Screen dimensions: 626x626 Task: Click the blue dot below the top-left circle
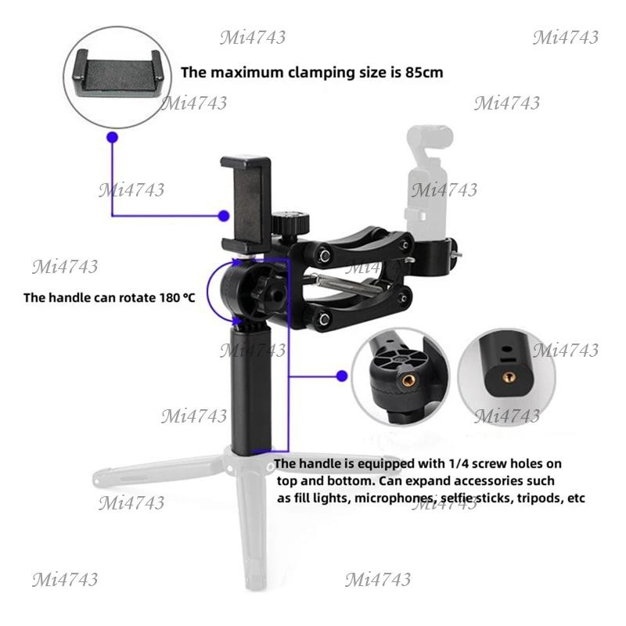tap(113, 138)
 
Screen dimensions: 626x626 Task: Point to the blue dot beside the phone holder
tap(224, 216)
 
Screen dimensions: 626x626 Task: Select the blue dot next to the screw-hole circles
tap(342, 376)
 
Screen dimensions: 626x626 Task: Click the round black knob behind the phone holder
tap(290, 221)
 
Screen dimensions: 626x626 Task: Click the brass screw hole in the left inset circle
tap(408, 380)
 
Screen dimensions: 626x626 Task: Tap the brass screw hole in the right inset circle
tap(509, 376)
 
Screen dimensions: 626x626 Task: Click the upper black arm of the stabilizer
tap(359, 242)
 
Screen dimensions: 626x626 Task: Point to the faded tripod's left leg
tap(160, 468)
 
